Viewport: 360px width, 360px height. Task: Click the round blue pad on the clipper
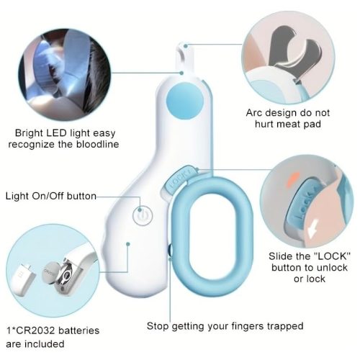point(184,100)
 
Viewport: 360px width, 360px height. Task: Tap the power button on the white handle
point(143,216)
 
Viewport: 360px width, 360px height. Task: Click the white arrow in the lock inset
point(313,228)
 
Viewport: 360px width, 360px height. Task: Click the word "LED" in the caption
point(57,133)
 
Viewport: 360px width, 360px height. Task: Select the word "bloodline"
point(97,145)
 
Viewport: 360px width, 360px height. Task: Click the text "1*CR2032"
point(30,330)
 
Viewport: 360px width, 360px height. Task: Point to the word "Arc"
point(254,113)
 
